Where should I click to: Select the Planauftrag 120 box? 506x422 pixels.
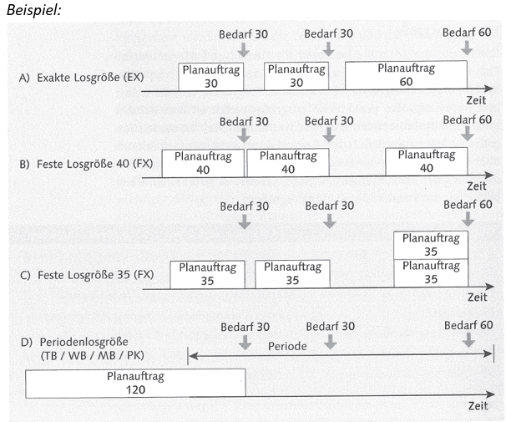click(x=135, y=384)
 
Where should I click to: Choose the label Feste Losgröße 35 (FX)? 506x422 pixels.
click(x=85, y=274)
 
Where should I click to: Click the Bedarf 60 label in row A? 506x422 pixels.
click(x=466, y=33)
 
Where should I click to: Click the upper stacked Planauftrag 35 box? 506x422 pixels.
click(x=430, y=245)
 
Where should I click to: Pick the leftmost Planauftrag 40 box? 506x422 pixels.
click(x=203, y=162)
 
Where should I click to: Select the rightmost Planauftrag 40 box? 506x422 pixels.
click(x=426, y=161)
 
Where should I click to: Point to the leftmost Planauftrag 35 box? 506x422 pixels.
click(x=208, y=273)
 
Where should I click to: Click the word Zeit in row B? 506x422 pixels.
click(x=477, y=186)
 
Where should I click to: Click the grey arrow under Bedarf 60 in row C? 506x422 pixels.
click(x=466, y=221)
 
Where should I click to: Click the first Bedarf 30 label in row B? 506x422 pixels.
click(x=244, y=120)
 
